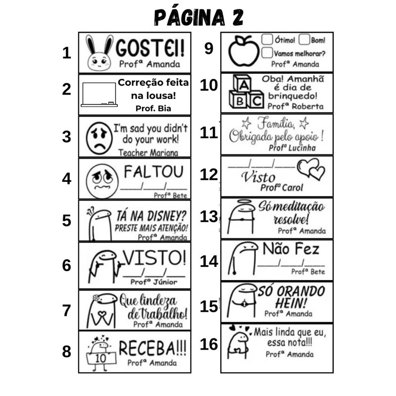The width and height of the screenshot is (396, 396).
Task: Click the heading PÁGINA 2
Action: click(x=198, y=17)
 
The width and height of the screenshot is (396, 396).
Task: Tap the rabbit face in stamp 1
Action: click(x=99, y=53)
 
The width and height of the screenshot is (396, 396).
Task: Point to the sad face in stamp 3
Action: click(x=99, y=138)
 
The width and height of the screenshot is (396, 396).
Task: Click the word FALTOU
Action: click(x=153, y=172)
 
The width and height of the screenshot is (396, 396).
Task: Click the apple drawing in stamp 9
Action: click(x=244, y=50)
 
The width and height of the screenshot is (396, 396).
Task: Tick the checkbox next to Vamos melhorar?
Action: click(x=267, y=53)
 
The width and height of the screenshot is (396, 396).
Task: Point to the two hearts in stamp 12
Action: click(x=311, y=169)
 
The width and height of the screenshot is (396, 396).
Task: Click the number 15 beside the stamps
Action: click(x=209, y=306)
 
